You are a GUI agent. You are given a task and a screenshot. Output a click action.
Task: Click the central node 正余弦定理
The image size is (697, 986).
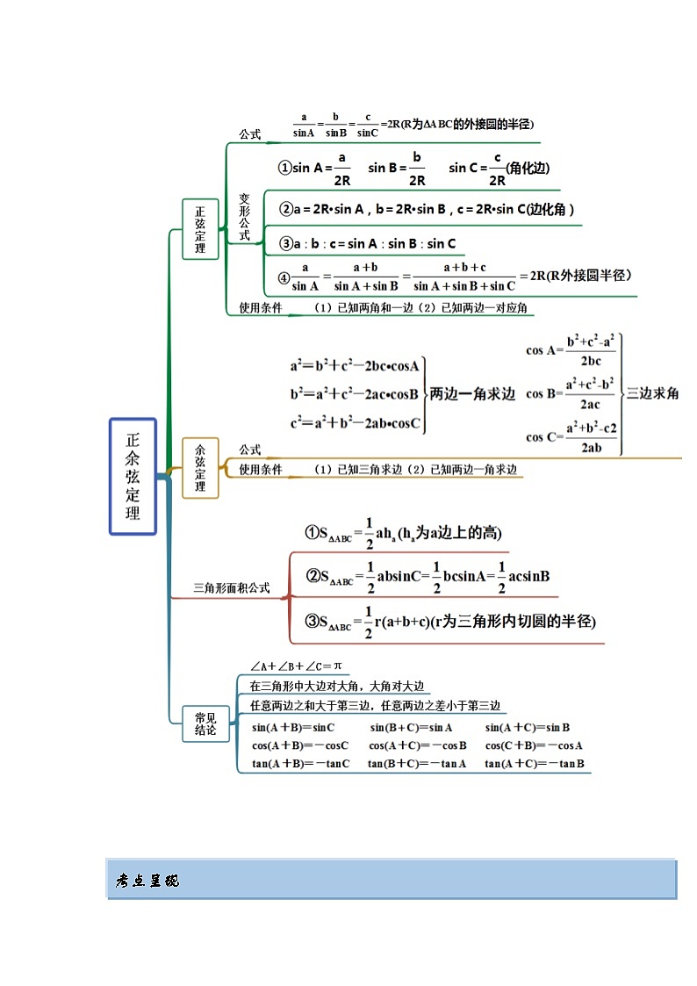point(133,476)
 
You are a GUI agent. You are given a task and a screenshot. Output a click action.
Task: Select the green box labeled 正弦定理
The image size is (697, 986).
point(200,229)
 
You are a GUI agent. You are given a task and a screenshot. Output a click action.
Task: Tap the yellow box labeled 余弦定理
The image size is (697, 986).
point(200,468)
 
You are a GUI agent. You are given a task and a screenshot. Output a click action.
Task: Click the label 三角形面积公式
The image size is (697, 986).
point(232,588)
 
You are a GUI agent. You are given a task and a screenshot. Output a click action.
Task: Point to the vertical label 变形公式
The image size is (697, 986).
point(245,217)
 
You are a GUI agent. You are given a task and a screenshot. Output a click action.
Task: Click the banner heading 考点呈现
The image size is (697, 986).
point(147,880)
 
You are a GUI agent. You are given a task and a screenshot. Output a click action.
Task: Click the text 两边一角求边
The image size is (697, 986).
point(471,394)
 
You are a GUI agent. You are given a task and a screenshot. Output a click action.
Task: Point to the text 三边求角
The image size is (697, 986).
point(652,394)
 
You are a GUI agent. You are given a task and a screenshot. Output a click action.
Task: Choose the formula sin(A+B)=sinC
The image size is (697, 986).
point(293,728)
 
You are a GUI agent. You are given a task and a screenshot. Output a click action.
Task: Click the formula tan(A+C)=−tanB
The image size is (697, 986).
point(534,763)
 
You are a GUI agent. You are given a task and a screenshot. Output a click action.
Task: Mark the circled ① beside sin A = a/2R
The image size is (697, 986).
point(284,168)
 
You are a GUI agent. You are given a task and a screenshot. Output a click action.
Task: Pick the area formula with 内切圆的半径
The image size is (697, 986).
point(449,621)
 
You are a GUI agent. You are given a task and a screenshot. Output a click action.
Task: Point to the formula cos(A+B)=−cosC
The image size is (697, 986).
point(299,745)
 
